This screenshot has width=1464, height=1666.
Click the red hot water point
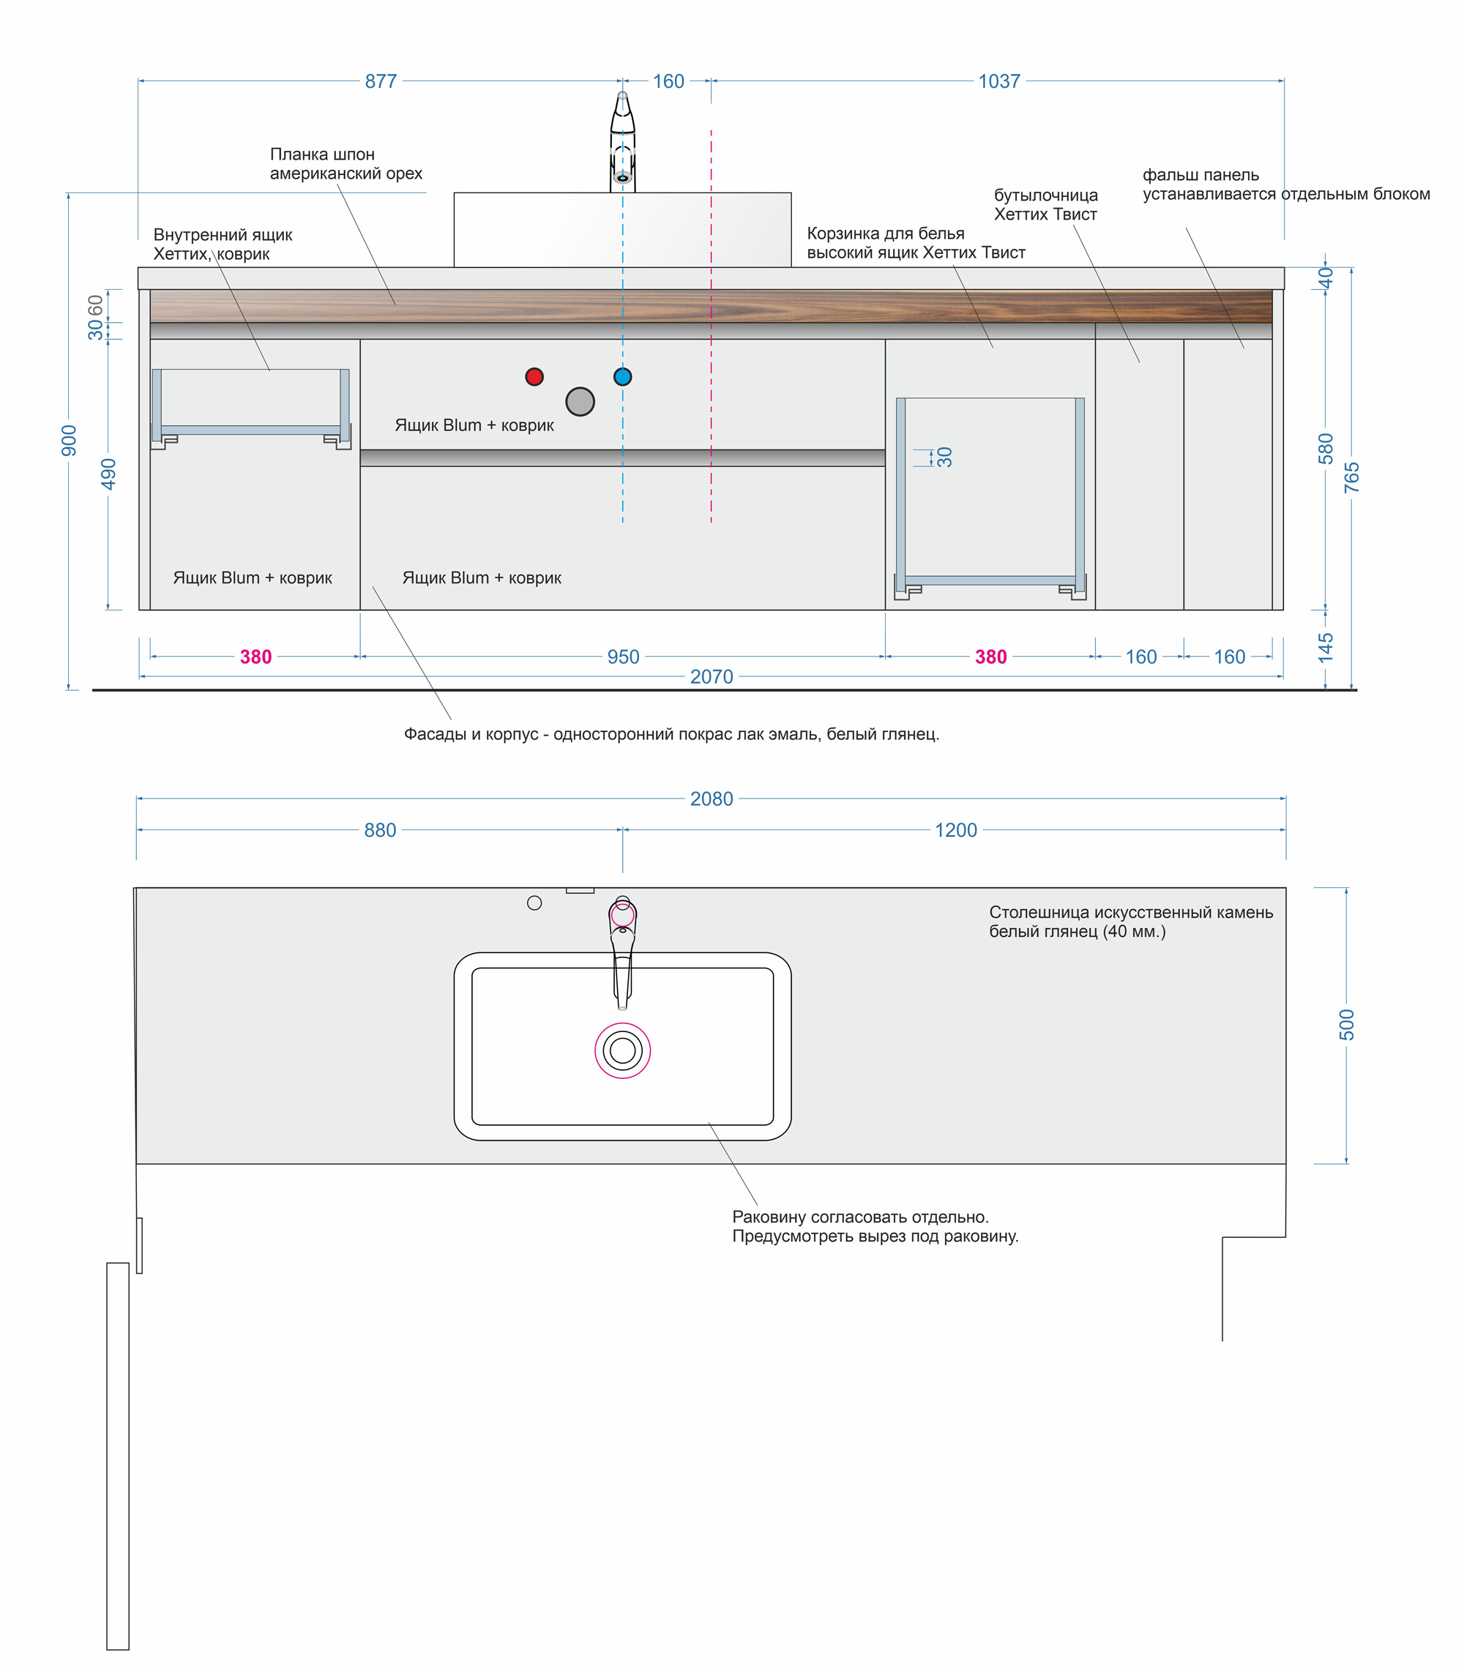point(534,376)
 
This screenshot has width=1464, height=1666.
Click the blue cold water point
point(623,376)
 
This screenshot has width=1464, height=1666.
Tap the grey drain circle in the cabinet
point(580,401)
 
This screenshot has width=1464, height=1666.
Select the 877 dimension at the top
point(381,81)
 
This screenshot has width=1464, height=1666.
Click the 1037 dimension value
point(998,81)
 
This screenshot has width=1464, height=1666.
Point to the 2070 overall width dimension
point(712,676)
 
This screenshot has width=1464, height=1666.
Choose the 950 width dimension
point(623,657)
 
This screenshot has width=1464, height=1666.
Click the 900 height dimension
point(70,441)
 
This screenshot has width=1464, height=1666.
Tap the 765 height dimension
point(1351,477)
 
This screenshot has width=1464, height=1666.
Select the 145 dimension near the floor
point(1326,647)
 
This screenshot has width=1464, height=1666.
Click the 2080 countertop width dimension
point(712,799)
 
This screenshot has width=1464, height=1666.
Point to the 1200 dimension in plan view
point(955,830)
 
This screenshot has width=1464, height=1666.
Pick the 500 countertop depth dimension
point(1347,1025)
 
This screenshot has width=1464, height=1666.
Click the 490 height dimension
point(108,474)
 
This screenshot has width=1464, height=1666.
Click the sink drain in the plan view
point(623,1050)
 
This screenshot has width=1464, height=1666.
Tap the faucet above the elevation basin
point(623,142)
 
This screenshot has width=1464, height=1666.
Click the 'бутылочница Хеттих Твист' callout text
point(1046,204)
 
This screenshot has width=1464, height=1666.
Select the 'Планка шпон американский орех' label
point(346,164)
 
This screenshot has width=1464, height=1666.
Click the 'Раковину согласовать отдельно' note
point(860,1217)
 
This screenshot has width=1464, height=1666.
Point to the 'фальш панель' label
point(1200,174)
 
